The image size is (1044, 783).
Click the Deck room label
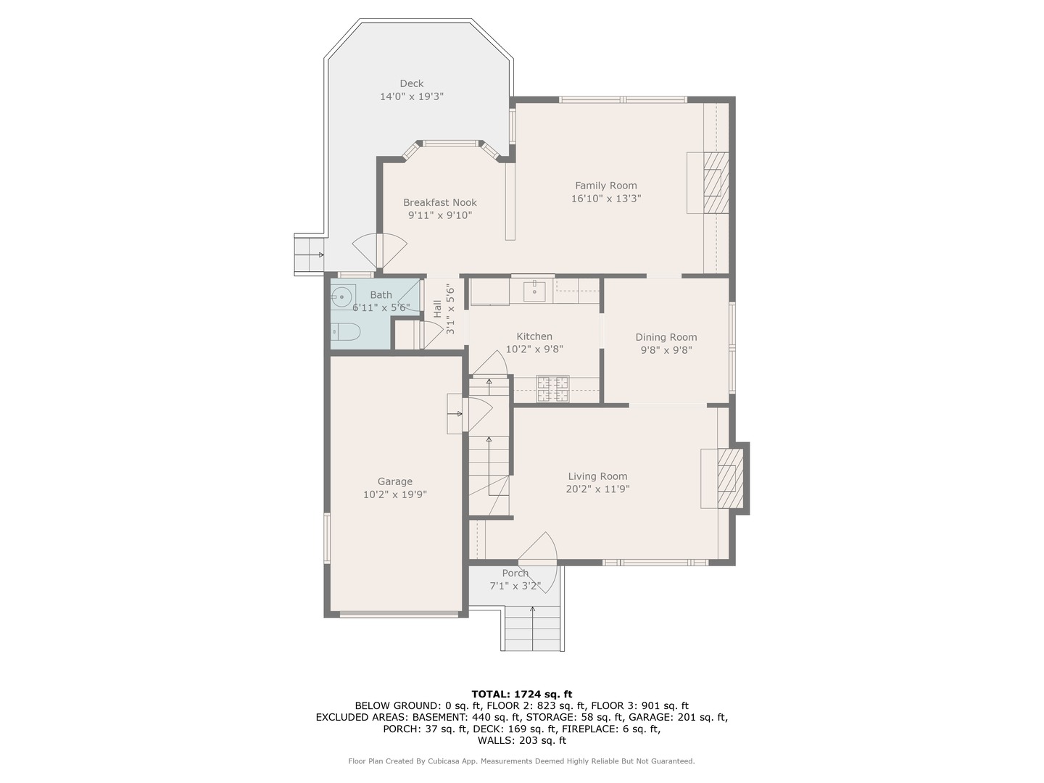point(411,83)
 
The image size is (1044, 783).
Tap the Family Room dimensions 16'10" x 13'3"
point(606,198)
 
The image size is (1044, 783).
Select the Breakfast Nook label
point(440,202)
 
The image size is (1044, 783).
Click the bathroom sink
point(341,297)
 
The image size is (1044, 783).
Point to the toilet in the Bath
point(345,332)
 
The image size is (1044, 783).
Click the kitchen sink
point(534,291)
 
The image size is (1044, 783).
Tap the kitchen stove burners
point(552,389)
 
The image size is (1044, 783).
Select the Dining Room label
point(666,337)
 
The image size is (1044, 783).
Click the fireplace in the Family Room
point(716,183)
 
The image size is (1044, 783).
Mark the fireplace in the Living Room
point(730,478)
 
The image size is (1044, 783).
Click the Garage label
point(395,481)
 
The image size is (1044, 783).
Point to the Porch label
point(515,573)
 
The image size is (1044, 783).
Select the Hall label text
point(437,309)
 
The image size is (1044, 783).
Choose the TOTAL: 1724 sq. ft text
point(522,695)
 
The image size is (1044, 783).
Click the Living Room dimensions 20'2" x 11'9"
point(597,489)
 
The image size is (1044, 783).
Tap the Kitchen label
point(534,336)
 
